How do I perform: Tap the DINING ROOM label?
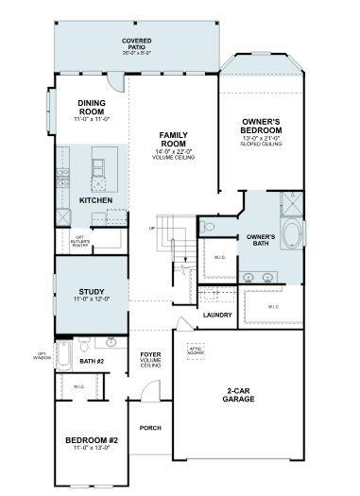[x=92, y=109]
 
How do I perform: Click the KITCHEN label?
[x=96, y=201]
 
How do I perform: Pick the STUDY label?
[x=92, y=292]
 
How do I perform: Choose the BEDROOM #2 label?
[x=91, y=440]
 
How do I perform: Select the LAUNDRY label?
[x=217, y=315]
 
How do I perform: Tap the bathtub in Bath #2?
[x=64, y=358]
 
